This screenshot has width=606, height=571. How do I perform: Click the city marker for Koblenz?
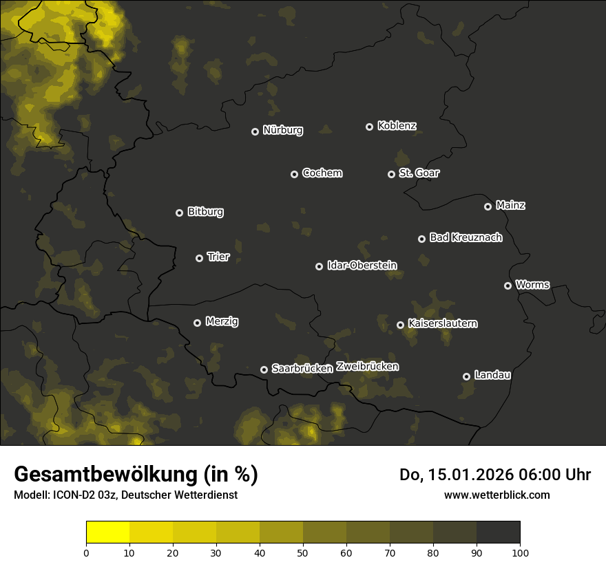[369, 127]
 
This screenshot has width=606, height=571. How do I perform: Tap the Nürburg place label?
[282, 131]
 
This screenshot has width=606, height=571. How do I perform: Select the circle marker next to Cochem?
[294, 174]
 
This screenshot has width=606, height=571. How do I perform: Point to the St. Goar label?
[419, 173]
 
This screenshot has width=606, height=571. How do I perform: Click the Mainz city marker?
[488, 206]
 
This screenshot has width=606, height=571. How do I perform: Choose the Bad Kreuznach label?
[466, 238]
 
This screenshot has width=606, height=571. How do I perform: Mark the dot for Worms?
[508, 285]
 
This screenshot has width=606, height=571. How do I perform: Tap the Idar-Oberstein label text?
[362, 266]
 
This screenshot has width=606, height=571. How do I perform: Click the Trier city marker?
[199, 258]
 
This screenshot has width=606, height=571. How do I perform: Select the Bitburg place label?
[205, 212]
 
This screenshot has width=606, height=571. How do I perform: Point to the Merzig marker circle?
[197, 323]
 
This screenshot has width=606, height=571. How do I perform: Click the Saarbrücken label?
[302, 369]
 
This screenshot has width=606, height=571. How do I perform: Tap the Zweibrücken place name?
[367, 367]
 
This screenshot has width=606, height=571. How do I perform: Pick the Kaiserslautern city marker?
[400, 325]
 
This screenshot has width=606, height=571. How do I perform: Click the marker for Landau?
[466, 376]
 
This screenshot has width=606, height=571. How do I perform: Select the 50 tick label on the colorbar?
[303, 552]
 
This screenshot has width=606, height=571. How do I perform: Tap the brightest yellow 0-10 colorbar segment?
[108, 532]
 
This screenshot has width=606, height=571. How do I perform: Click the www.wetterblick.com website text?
[497, 495]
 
